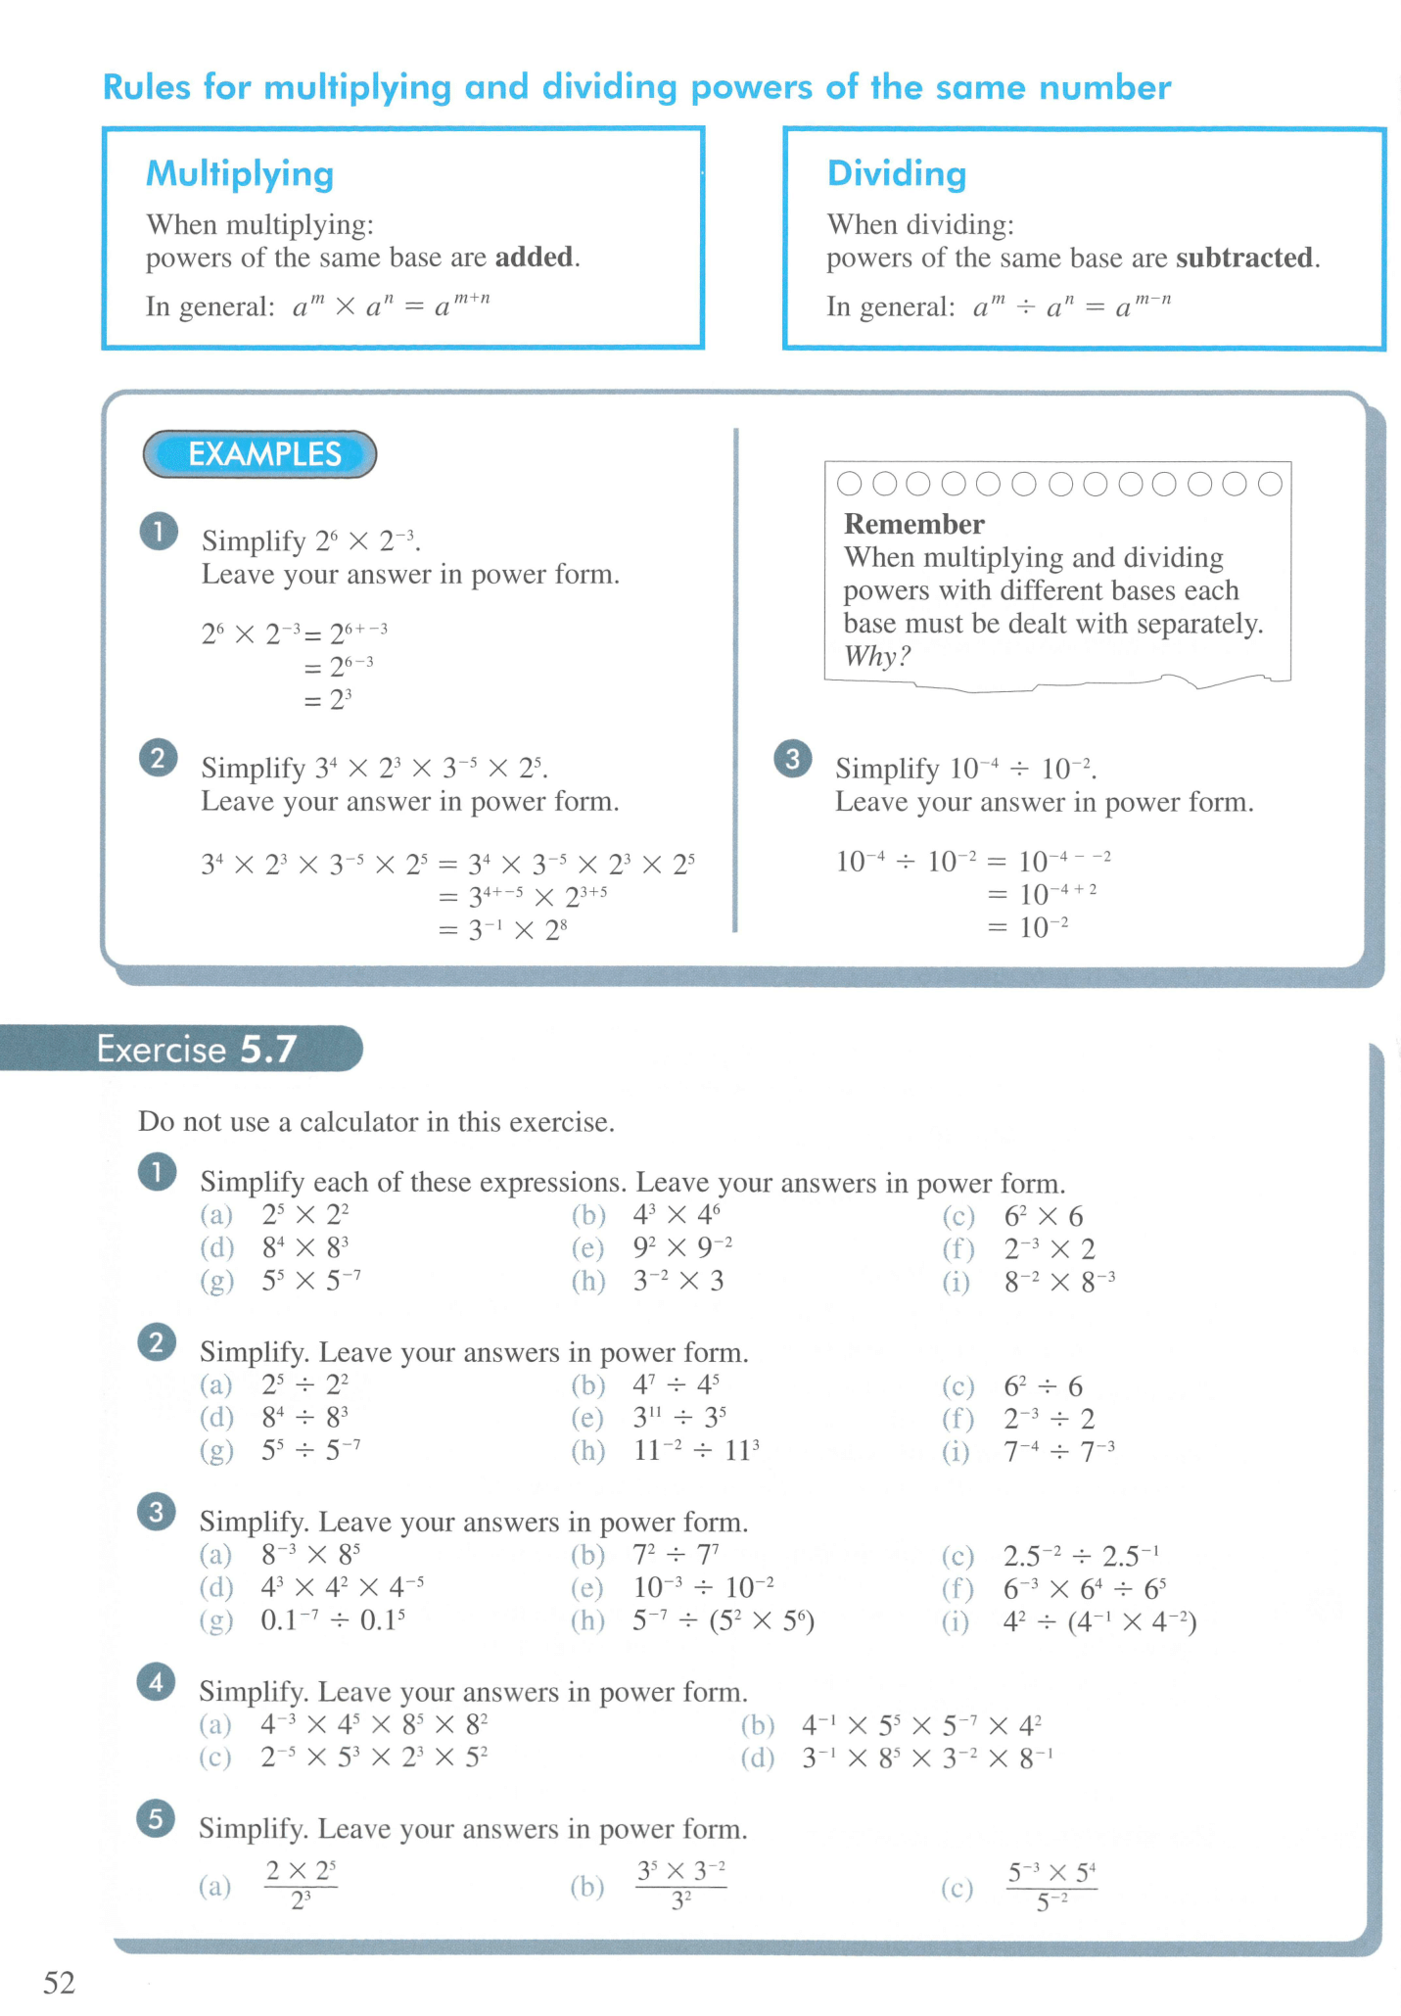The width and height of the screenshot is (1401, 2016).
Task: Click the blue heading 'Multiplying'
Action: (240, 173)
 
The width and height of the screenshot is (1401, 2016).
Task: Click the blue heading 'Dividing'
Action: (896, 173)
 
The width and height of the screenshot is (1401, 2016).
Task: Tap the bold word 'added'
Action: (535, 257)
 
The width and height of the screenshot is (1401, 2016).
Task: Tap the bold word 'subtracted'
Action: (1244, 258)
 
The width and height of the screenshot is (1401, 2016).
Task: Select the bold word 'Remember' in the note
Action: (913, 524)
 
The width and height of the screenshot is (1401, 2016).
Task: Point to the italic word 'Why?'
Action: (876, 656)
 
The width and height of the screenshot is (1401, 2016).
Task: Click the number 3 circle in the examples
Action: (793, 759)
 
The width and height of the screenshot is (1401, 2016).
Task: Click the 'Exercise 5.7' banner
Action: (196, 1049)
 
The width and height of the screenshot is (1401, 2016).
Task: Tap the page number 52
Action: (59, 1983)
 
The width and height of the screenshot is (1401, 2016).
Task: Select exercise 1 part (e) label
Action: (587, 1248)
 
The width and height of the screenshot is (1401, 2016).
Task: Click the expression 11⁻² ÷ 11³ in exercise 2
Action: (696, 1450)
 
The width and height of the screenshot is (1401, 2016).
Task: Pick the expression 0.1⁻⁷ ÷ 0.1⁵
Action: (333, 1620)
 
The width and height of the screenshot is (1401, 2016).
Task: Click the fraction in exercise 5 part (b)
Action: (681, 1885)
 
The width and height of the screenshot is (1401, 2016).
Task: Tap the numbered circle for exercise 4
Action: (157, 1683)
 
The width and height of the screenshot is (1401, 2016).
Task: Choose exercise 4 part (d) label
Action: (758, 1758)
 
